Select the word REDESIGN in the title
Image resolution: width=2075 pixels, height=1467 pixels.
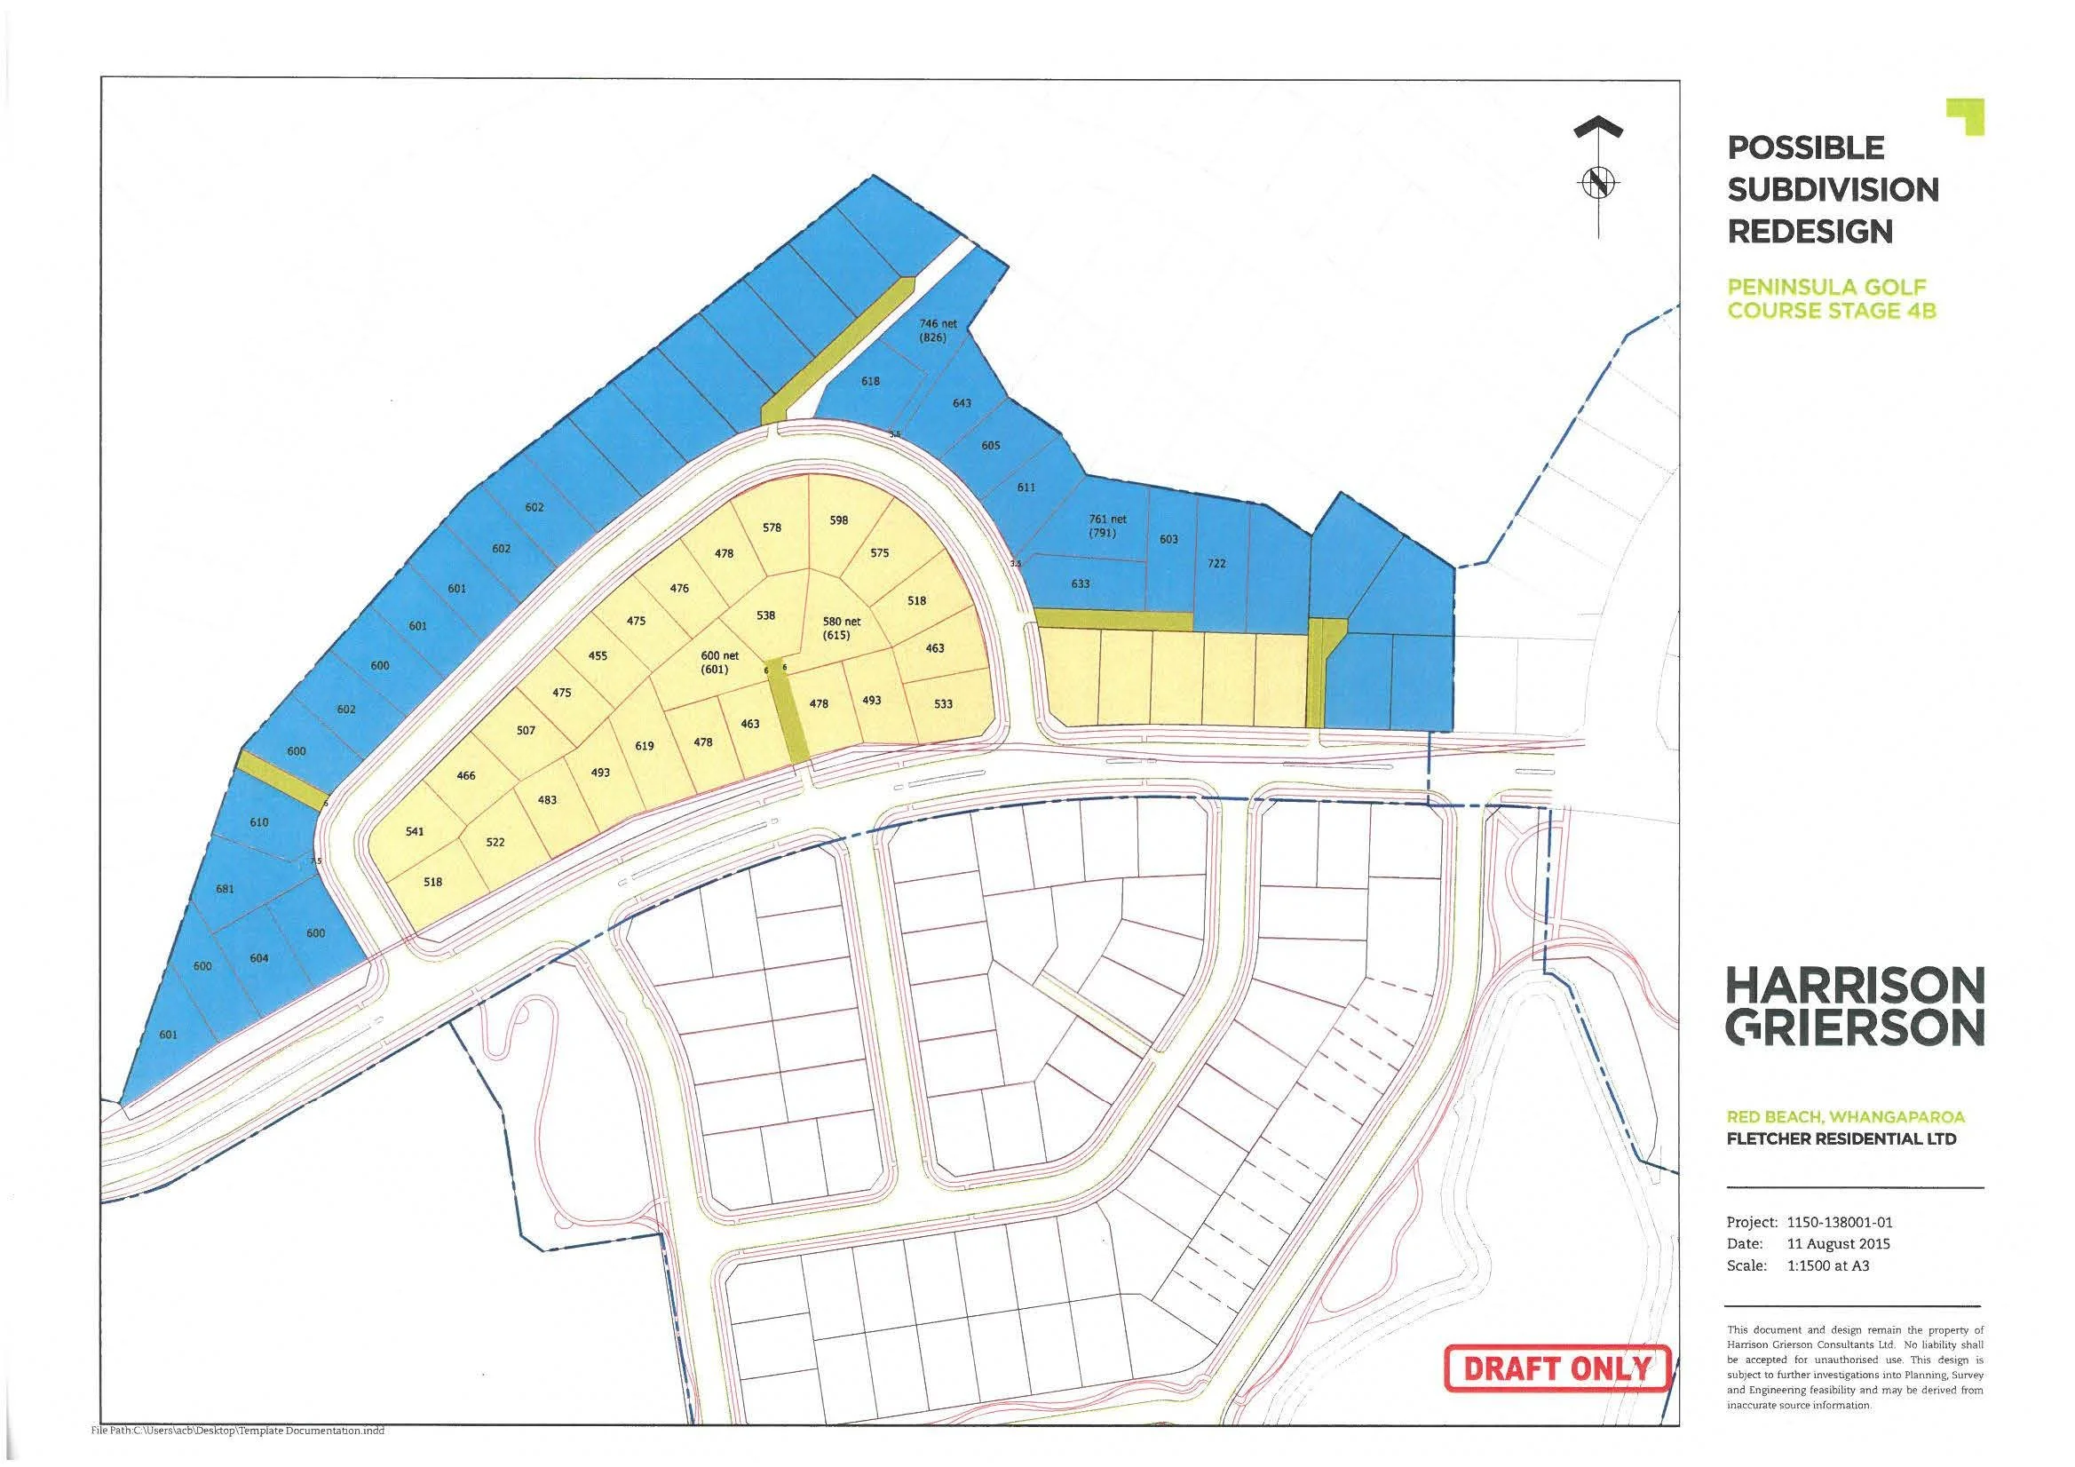tap(1810, 233)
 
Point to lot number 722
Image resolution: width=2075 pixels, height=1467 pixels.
tap(1216, 564)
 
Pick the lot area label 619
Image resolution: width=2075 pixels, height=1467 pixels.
tap(645, 747)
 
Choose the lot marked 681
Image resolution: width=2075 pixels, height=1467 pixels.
tap(225, 890)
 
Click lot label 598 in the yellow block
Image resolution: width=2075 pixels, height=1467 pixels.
tap(839, 520)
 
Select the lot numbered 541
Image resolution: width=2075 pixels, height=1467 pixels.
tap(414, 831)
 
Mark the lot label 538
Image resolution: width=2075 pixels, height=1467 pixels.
tap(765, 615)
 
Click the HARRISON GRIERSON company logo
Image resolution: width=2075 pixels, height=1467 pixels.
tap(1855, 1006)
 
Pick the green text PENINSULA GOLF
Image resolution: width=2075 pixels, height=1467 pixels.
tap(1826, 288)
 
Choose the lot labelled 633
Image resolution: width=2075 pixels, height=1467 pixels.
tap(1080, 584)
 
